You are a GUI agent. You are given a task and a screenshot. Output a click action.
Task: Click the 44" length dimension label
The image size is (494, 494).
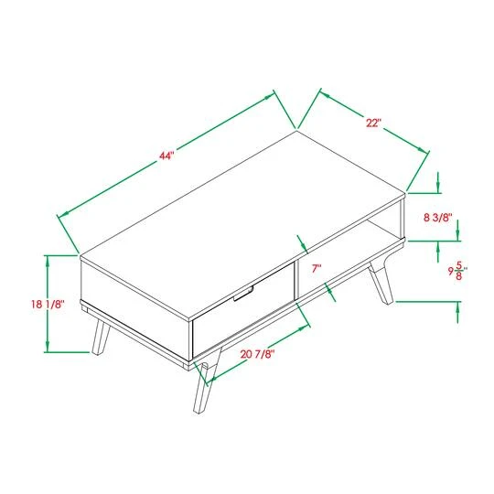[166, 156]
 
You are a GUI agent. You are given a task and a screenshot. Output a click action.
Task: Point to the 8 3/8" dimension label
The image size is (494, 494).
[438, 218]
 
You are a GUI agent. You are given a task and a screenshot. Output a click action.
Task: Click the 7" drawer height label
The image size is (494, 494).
[317, 268]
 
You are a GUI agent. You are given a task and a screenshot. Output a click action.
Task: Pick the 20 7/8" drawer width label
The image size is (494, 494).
[258, 353]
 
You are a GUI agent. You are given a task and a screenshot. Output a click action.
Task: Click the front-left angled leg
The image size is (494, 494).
[100, 337]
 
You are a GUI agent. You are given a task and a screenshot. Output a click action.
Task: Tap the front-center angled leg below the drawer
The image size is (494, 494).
[208, 384]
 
